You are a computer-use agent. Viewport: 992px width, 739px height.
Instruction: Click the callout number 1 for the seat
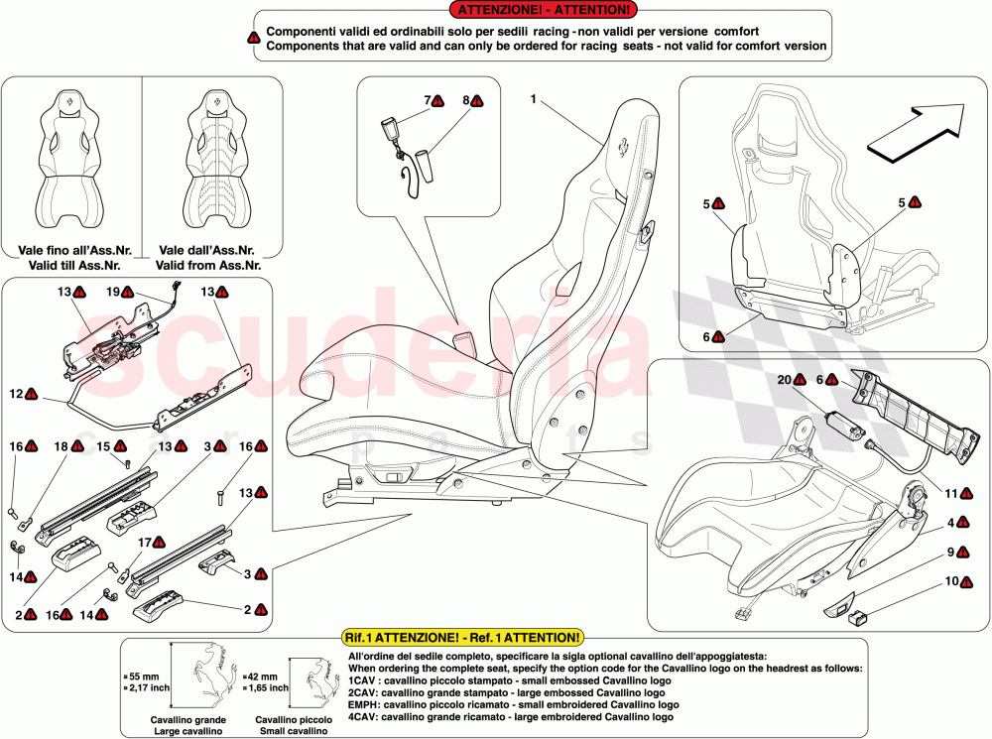[x=533, y=99]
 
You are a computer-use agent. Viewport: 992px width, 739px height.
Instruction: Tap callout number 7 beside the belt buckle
[x=430, y=100]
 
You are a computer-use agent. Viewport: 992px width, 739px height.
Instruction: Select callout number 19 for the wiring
[x=112, y=293]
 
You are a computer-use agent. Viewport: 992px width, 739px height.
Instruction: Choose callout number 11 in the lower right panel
[x=949, y=492]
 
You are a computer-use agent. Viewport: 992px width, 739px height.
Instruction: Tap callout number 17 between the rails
[x=144, y=542]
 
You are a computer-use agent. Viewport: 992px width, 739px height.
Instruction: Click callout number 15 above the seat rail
[x=102, y=446]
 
